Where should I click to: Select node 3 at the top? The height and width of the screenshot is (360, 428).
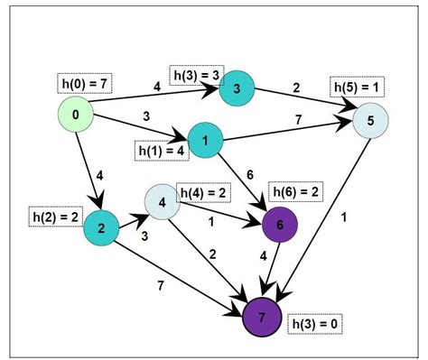(x=236, y=88)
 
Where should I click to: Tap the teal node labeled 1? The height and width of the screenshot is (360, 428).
(x=205, y=141)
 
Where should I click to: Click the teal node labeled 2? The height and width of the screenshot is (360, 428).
(x=101, y=229)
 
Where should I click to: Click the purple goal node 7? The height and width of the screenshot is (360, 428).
(x=263, y=317)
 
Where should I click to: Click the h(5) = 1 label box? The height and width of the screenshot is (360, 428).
(x=357, y=87)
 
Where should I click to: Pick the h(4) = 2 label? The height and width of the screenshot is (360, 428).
(x=205, y=193)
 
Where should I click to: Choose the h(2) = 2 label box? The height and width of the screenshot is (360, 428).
(x=55, y=217)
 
